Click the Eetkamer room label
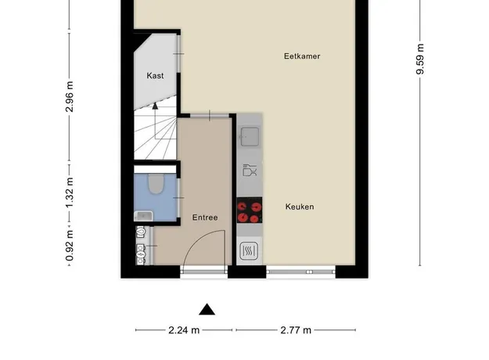(x=302, y=56)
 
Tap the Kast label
(x=155, y=75)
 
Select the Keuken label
(x=300, y=207)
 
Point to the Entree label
(x=205, y=218)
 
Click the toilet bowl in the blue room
(x=156, y=184)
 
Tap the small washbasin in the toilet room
(x=143, y=215)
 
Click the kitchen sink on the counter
(x=250, y=136)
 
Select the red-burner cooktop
(x=249, y=210)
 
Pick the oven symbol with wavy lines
(x=249, y=250)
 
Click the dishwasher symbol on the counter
(x=250, y=171)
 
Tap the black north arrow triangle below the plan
(x=207, y=309)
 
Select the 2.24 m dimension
(x=184, y=329)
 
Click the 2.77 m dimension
(x=296, y=329)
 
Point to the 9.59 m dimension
(x=420, y=59)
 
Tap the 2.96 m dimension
(x=69, y=96)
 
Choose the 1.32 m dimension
(x=69, y=193)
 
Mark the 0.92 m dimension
(x=69, y=246)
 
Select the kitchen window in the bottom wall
(x=300, y=272)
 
